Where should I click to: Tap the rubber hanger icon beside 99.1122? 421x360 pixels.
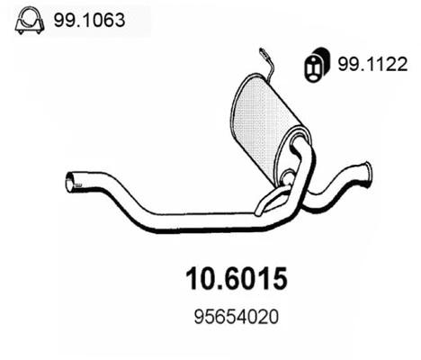coord(314,65)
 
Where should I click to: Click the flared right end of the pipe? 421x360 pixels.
coord(367,170)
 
